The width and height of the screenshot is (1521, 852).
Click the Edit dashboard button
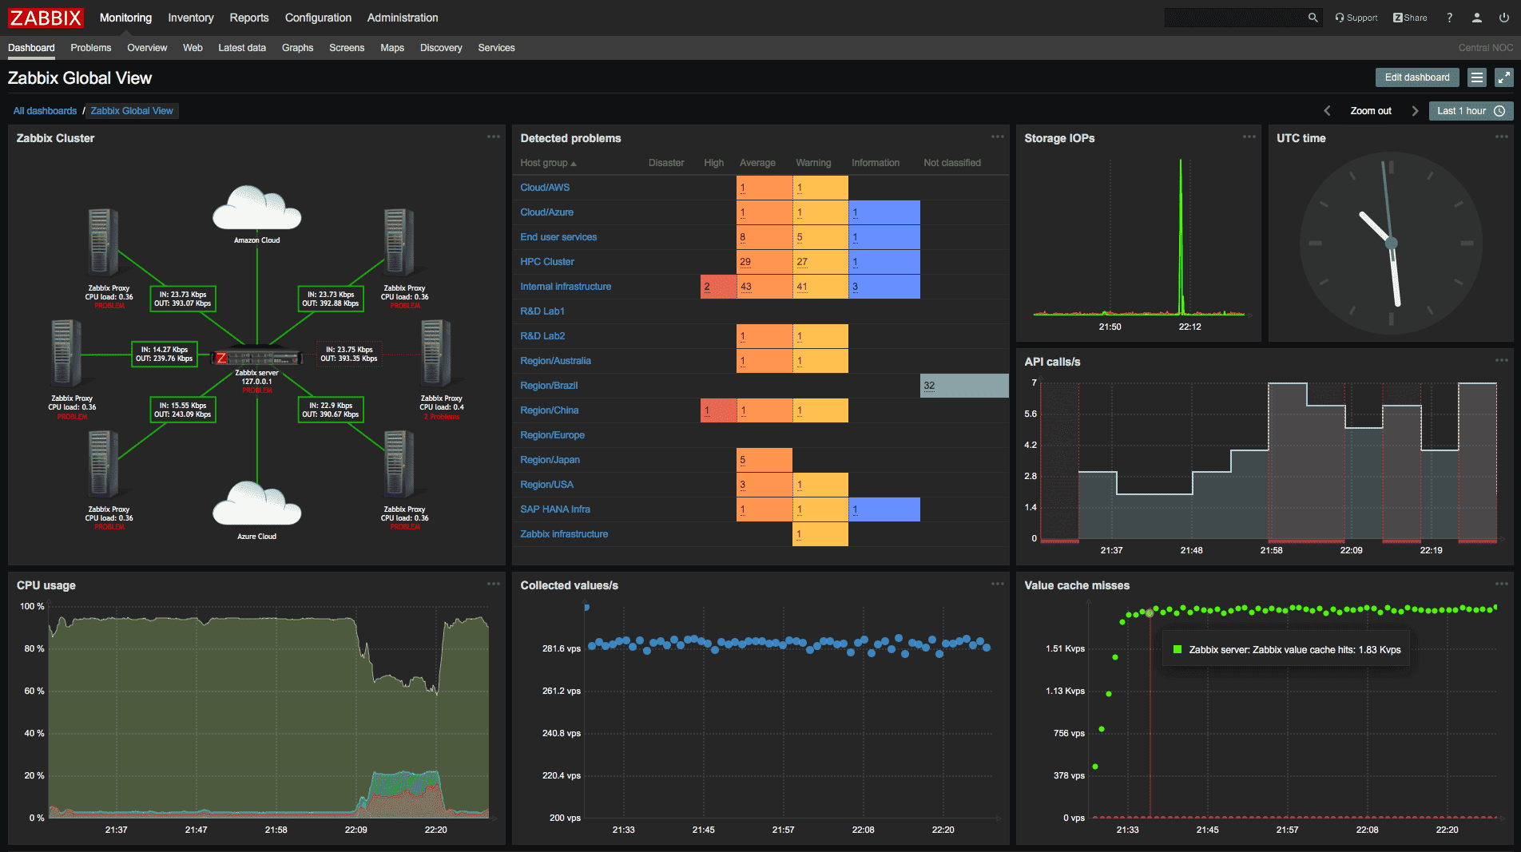coord(1416,77)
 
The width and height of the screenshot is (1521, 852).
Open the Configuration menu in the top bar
coord(318,18)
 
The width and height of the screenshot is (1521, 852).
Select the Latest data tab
coord(241,48)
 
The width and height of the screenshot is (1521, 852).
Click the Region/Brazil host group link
coord(548,386)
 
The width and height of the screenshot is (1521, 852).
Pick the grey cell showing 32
coord(963,386)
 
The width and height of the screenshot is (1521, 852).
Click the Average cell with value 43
coord(763,287)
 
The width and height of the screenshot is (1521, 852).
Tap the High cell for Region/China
coord(717,410)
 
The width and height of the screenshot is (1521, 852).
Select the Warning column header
coord(812,163)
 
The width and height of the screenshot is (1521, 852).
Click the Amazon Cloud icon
coord(256,209)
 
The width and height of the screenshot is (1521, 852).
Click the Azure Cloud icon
coord(256,505)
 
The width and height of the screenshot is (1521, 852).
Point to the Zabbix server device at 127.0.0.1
coord(257,358)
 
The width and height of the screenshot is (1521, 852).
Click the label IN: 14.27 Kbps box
coord(164,354)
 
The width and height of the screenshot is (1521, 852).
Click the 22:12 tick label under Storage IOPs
coord(1189,327)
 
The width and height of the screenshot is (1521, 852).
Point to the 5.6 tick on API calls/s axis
coord(1031,414)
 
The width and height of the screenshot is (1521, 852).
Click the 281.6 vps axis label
coord(561,648)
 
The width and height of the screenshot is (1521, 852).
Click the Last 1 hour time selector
coord(1470,111)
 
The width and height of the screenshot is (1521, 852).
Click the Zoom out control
coord(1370,111)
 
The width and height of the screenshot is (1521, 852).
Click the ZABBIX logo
coord(46,18)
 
